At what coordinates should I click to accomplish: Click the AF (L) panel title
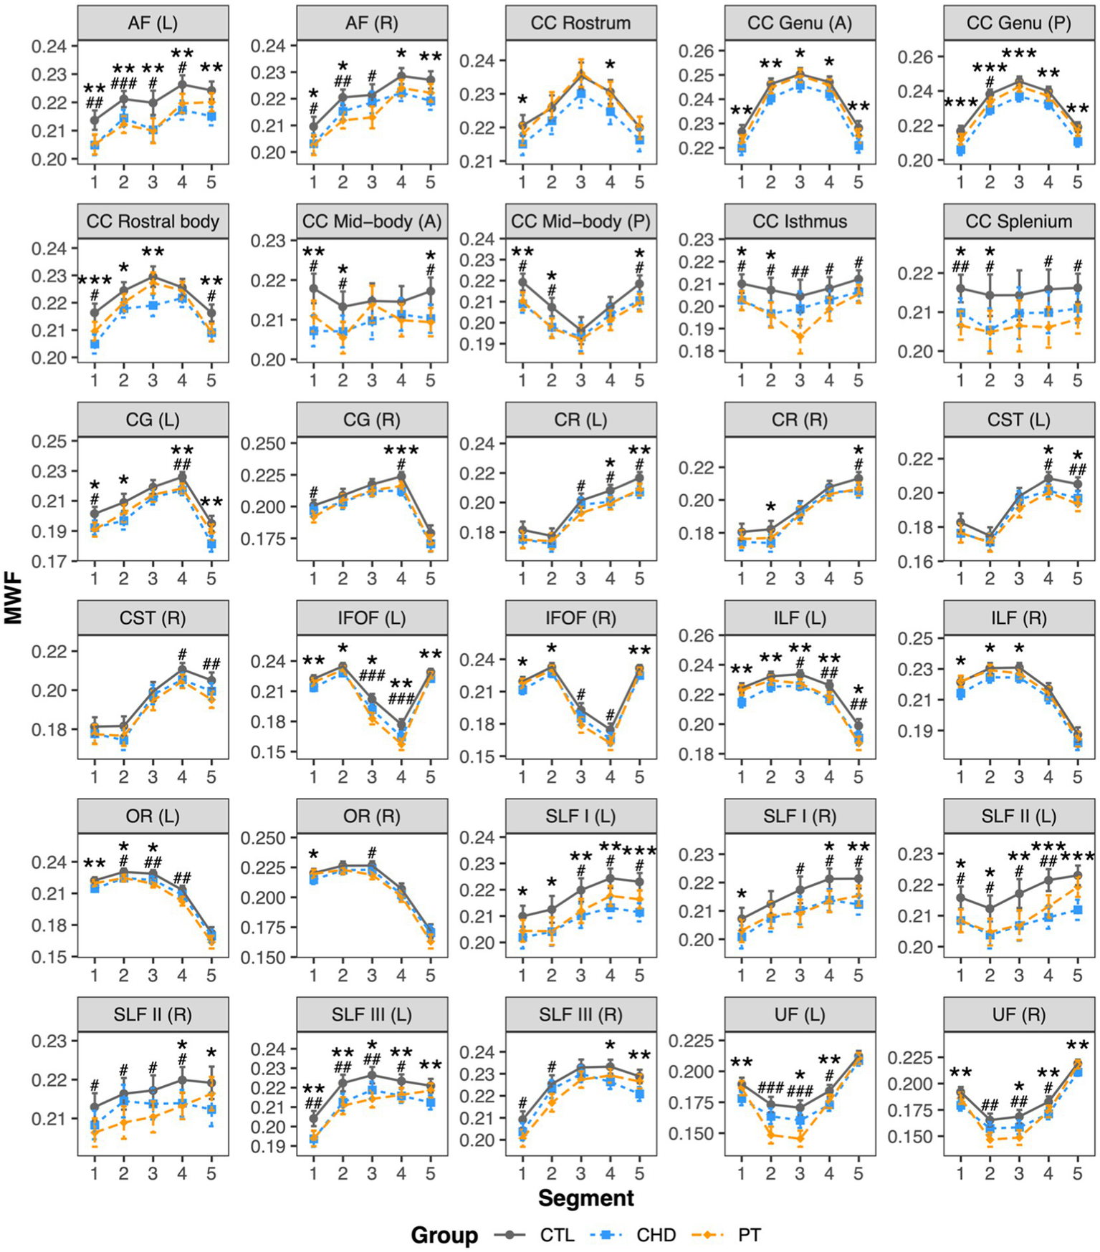pyautogui.click(x=153, y=23)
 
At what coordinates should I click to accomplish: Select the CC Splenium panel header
pyautogui.click(x=1018, y=221)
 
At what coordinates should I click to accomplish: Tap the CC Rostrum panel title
pyautogui.click(x=580, y=23)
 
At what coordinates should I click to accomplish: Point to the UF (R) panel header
pyautogui.click(x=1018, y=1014)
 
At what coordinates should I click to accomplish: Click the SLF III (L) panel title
pyautogui.click(x=371, y=1014)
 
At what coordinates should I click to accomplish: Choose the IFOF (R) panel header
pyautogui.click(x=580, y=618)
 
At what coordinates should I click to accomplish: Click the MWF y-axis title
pyautogui.click(x=13, y=598)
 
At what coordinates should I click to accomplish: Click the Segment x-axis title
pyautogui.click(x=585, y=1198)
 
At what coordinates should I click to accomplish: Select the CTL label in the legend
pyautogui.click(x=557, y=1235)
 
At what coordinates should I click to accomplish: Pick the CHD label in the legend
pyautogui.click(x=656, y=1235)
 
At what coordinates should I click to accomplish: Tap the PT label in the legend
pyautogui.click(x=749, y=1235)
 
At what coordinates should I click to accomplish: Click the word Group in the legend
pyautogui.click(x=444, y=1235)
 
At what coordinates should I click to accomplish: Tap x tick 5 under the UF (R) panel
pyautogui.click(x=1077, y=1173)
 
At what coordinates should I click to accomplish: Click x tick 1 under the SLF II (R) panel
pyautogui.click(x=95, y=1173)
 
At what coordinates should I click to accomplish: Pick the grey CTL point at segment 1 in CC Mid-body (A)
pyautogui.click(x=313, y=289)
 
